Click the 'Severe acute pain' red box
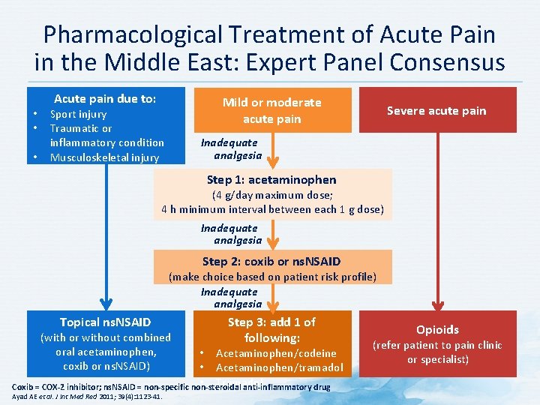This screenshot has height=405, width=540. [x=436, y=111]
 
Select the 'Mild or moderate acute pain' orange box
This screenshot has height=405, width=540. [x=271, y=110]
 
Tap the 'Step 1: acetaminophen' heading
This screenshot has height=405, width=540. [x=271, y=179]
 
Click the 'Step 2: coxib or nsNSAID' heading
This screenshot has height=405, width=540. [x=271, y=261]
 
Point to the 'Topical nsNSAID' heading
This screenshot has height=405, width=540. [x=105, y=322]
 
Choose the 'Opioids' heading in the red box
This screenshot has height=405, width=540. [x=437, y=329]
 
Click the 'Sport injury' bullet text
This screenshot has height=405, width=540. [x=78, y=115]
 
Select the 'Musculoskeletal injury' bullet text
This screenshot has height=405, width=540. [x=104, y=157]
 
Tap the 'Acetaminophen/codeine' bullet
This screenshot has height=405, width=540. [x=276, y=353]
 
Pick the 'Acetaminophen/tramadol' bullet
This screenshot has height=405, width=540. [x=279, y=367]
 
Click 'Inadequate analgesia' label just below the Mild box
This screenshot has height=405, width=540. [x=229, y=149]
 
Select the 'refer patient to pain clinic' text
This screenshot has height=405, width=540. [x=437, y=346]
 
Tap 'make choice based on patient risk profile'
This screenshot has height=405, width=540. [x=271, y=277]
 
